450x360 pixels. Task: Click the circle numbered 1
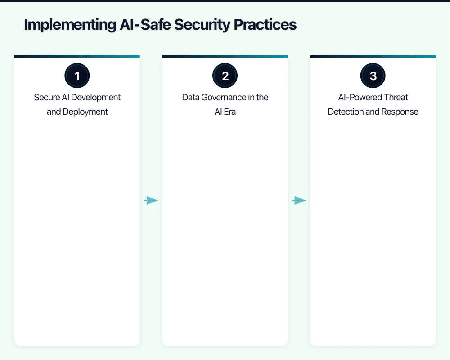[77, 76]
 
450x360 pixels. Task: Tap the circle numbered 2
[225, 76]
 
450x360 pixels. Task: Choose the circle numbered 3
[373, 76]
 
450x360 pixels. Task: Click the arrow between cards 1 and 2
[151, 201]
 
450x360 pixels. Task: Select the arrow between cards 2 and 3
[299, 201]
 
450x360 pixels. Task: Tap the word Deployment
[85, 112]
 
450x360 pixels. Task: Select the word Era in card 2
[229, 112]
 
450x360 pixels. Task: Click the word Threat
[396, 98]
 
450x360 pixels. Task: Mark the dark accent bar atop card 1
[77, 57]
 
